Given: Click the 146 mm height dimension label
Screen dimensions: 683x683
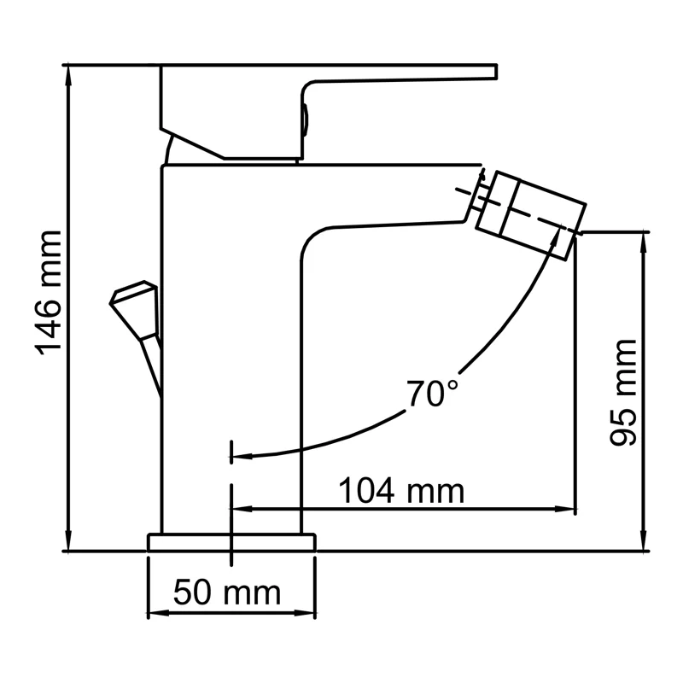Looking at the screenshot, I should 49,292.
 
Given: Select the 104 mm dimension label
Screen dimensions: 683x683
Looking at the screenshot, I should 401,492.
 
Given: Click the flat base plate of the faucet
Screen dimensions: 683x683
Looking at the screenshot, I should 231,542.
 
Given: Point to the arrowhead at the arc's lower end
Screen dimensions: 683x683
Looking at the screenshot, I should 242,456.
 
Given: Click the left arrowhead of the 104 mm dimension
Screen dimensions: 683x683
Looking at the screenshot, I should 241,510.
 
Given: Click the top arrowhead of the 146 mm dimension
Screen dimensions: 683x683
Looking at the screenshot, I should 67,72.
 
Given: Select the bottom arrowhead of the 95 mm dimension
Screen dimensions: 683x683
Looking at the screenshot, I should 643,544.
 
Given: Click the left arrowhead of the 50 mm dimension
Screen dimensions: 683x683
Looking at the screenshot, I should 156,613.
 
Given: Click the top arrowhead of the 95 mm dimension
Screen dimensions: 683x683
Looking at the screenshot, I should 643,238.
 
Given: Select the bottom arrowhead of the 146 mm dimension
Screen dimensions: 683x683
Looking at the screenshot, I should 67,544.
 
